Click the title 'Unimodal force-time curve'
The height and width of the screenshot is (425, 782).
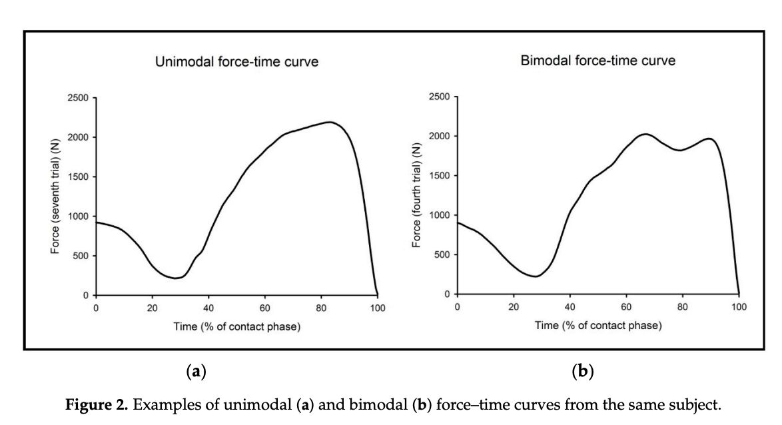point(236,62)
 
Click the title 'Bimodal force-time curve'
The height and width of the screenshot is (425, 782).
point(597,61)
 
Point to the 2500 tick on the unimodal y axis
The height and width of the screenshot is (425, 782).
point(78,98)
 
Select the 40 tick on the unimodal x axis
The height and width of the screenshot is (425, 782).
point(208,308)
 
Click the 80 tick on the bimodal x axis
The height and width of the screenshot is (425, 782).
point(682,307)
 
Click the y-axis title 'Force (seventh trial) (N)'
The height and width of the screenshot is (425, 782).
point(56,197)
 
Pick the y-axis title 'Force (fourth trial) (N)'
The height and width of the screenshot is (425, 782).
point(418,196)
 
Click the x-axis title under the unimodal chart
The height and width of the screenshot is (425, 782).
point(236,326)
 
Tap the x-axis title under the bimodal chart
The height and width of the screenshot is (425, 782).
point(597,325)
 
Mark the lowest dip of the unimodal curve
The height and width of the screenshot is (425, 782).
point(175,278)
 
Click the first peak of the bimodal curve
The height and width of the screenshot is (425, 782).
point(644,134)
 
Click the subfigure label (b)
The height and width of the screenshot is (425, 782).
point(583,371)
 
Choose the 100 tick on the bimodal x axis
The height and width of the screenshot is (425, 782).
point(738,307)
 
